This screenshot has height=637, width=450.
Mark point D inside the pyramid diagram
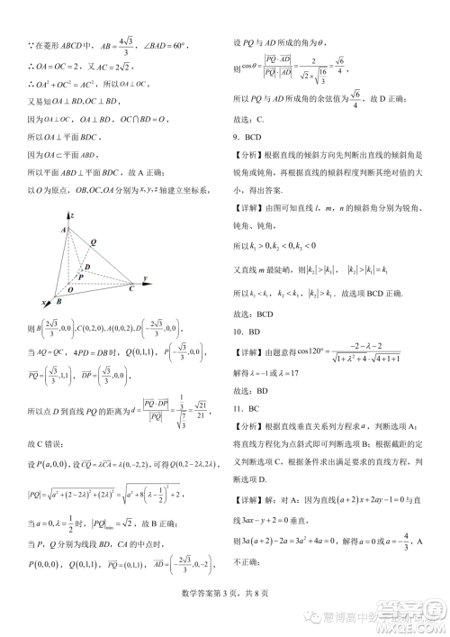pyautogui.click(x=87, y=267)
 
